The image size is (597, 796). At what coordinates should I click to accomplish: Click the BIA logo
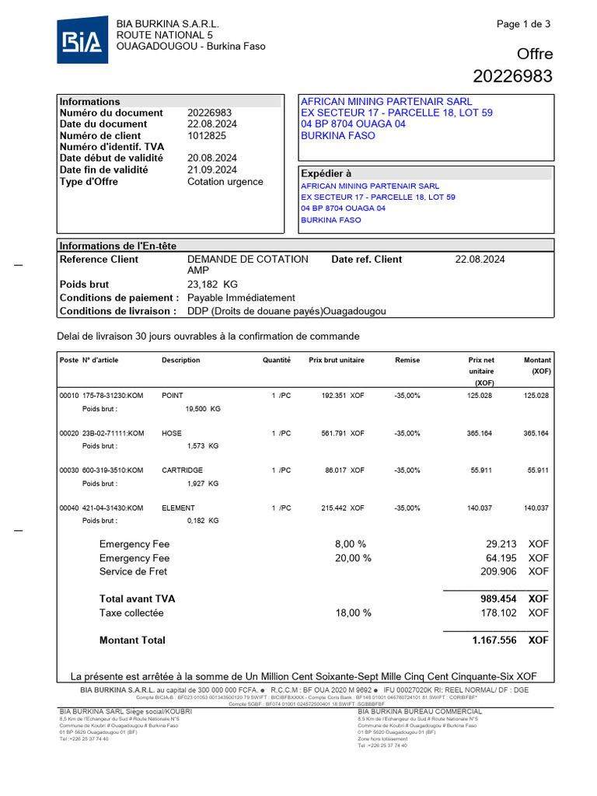(x=82, y=40)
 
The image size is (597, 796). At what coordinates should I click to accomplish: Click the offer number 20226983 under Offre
(x=512, y=76)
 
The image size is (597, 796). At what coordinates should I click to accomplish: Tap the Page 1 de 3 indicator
(x=523, y=24)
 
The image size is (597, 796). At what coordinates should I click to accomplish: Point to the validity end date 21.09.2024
(x=212, y=170)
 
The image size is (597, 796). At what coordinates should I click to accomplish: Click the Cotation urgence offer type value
(x=225, y=182)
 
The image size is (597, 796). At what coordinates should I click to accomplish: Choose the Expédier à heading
(x=326, y=174)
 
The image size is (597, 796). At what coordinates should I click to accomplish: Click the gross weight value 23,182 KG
(x=212, y=285)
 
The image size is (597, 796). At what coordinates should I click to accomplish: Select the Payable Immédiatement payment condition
(x=241, y=298)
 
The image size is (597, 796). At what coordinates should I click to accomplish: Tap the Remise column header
(x=407, y=361)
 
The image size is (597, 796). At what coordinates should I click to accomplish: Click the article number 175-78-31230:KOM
(x=113, y=396)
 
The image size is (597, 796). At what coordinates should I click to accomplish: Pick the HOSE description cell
(x=172, y=433)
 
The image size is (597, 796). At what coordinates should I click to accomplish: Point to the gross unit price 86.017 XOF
(x=343, y=470)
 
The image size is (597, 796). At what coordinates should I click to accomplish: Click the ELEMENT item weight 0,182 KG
(x=203, y=521)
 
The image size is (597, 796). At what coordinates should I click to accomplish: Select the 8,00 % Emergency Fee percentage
(x=350, y=544)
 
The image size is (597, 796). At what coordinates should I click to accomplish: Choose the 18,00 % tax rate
(x=353, y=613)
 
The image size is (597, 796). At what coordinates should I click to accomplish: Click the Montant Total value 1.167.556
(x=494, y=641)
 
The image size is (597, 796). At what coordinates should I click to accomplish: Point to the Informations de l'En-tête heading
(x=118, y=246)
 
